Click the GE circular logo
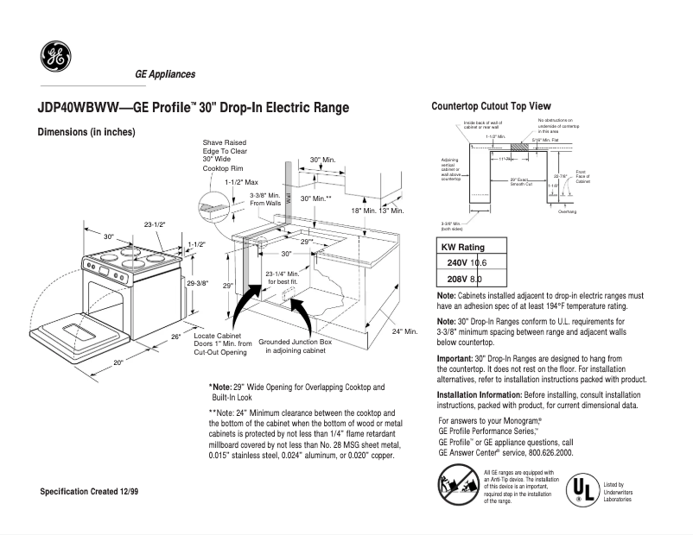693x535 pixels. click(x=55, y=57)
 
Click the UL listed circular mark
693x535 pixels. click(x=577, y=488)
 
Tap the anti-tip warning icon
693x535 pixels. click(x=459, y=486)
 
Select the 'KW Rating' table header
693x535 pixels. click(x=463, y=247)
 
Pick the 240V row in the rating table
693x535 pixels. click(x=467, y=262)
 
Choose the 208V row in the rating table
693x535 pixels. click(x=465, y=279)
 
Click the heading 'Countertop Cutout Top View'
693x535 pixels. click(x=490, y=105)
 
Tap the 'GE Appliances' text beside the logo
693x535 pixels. click(x=165, y=74)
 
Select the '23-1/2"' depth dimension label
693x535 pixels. click(x=156, y=224)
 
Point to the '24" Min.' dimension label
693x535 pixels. click(x=404, y=331)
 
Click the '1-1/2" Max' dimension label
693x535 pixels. click(x=241, y=182)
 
